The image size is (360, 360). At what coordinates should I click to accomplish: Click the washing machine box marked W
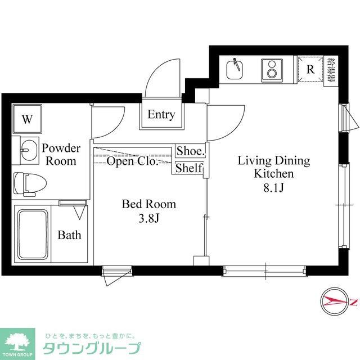pos(27,119)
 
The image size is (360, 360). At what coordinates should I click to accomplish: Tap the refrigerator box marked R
pos(310,70)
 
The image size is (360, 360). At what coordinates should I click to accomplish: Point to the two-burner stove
pos(272,70)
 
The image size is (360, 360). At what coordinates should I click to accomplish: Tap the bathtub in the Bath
pos(33,234)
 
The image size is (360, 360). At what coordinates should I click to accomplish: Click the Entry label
pos(161,115)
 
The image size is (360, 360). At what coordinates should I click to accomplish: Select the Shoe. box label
pos(190,151)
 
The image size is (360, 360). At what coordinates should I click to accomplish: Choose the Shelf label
pos(190,168)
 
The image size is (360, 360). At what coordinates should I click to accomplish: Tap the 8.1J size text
pos(274,188)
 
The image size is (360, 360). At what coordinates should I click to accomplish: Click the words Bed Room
pos(149,204)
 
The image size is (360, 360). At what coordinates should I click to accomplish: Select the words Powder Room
pos(61,155)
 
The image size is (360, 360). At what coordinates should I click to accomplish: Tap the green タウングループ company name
pos(92,347)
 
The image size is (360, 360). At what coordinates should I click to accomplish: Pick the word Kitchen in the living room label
pos(274,174)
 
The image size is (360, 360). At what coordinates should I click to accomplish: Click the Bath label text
pos(69,235)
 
